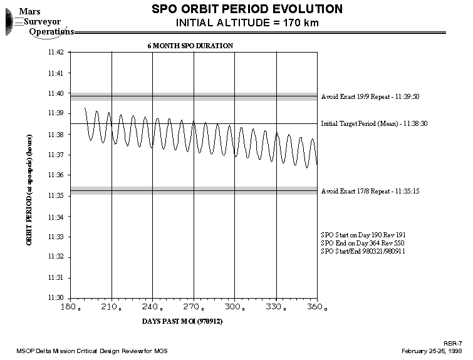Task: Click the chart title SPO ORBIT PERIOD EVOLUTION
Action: pos(247,9)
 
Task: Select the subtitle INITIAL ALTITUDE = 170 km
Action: pos(247,23)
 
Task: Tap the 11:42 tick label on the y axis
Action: pos(56,53)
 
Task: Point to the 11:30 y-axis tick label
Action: pos(56,298)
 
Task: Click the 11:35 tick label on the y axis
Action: pos(56,196)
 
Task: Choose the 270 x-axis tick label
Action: pos(193,307)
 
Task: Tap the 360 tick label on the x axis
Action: pos(316,307)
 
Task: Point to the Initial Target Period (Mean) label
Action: pos(374,124)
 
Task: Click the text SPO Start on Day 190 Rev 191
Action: pos(363,235)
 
